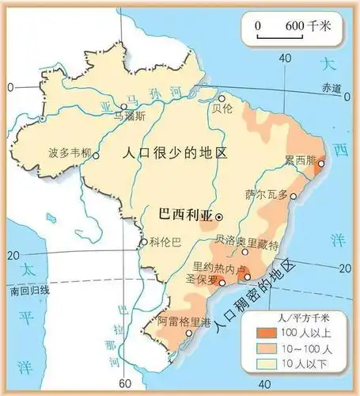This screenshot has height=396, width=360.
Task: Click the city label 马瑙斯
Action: click(131, 115)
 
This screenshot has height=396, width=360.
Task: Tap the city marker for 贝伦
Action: click(222, 99)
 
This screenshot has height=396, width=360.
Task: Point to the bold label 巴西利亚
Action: click(185, 215)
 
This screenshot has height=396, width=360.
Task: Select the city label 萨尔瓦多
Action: click(265, 193)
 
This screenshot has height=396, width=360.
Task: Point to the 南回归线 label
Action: click(28, 290)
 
